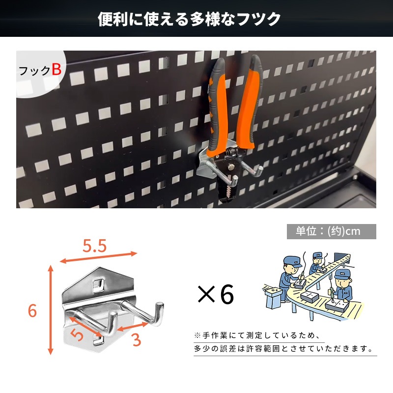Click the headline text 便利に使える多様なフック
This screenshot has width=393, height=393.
pos(189,19)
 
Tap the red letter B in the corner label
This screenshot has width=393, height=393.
pos(56,69)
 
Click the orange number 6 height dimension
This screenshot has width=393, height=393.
pos(32,311)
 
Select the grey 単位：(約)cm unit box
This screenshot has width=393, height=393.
pos(331,231)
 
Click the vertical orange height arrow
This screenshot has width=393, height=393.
pos(50,309)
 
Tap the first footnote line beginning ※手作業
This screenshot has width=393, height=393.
pos(253,336)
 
